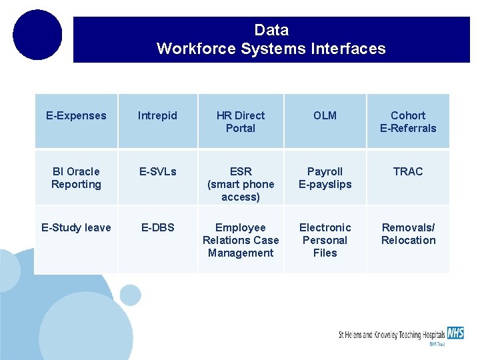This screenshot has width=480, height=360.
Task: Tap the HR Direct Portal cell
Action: [x=241, y=121]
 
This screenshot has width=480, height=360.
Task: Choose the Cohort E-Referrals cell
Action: [x=408, y=121]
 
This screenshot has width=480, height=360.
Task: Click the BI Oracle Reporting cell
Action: [x=76, y=178]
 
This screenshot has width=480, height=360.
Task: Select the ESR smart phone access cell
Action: [x=241, y=184]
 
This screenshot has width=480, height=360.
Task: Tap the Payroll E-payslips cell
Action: [x=325, y=178]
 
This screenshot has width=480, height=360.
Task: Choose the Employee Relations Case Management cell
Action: [x=241, y=240]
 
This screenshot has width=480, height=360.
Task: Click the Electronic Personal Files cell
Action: [x=325, y=240]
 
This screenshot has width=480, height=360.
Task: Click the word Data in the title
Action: [x=271, y=30]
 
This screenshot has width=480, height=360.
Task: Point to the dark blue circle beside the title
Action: [x=37, y=35]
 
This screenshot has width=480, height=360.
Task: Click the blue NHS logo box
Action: [x=455, y=332]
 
